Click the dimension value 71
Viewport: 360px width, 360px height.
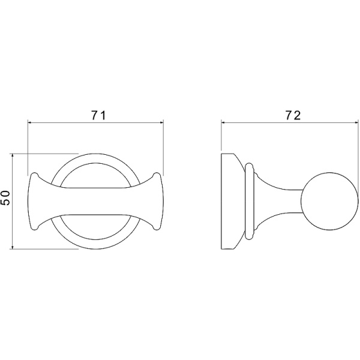click(99, 115)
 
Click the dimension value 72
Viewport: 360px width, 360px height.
click(293, 115)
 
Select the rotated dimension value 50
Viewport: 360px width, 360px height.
click(5, 198)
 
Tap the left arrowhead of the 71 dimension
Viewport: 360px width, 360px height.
click(30, 123)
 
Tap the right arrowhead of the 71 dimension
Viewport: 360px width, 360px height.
click(161, 123)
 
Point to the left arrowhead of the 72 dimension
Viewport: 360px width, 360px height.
click(223, 123)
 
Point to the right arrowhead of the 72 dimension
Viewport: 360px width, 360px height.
click(356, 123)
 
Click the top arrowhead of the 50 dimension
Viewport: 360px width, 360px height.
click(13, 155)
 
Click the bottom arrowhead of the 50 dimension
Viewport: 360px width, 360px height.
click(13, 247)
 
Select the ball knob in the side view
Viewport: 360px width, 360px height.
click(329, 201)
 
